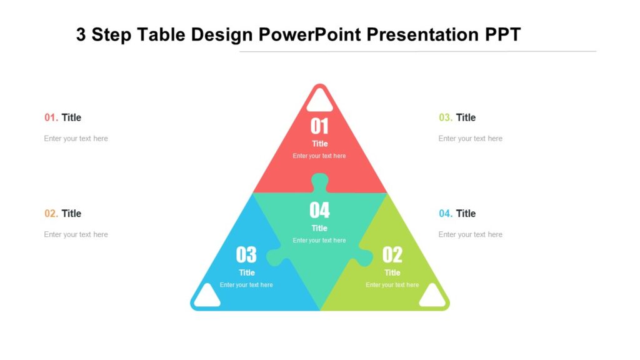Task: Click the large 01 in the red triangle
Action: click(319, 126)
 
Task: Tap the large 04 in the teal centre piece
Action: click(319, 210)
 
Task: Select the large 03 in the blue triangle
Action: click(246, 254)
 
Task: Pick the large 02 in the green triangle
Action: click(392, 254)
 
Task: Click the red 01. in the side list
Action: click(51, 117)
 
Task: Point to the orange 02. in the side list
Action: click(51, 214)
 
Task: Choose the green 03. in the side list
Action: click(446, 117)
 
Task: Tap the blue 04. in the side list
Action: click(446, 214)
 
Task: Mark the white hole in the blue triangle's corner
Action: click(207, 296)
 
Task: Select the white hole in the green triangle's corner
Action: click(432, 296)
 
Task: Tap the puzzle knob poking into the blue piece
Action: click(275, 256)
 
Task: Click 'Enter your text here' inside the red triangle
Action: click(319, 156)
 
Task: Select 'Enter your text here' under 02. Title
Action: click(76, 235)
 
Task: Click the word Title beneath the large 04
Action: click(319, 228)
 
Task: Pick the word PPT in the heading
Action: click(503, 34)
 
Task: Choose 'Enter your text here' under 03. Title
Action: click(470, 139)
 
